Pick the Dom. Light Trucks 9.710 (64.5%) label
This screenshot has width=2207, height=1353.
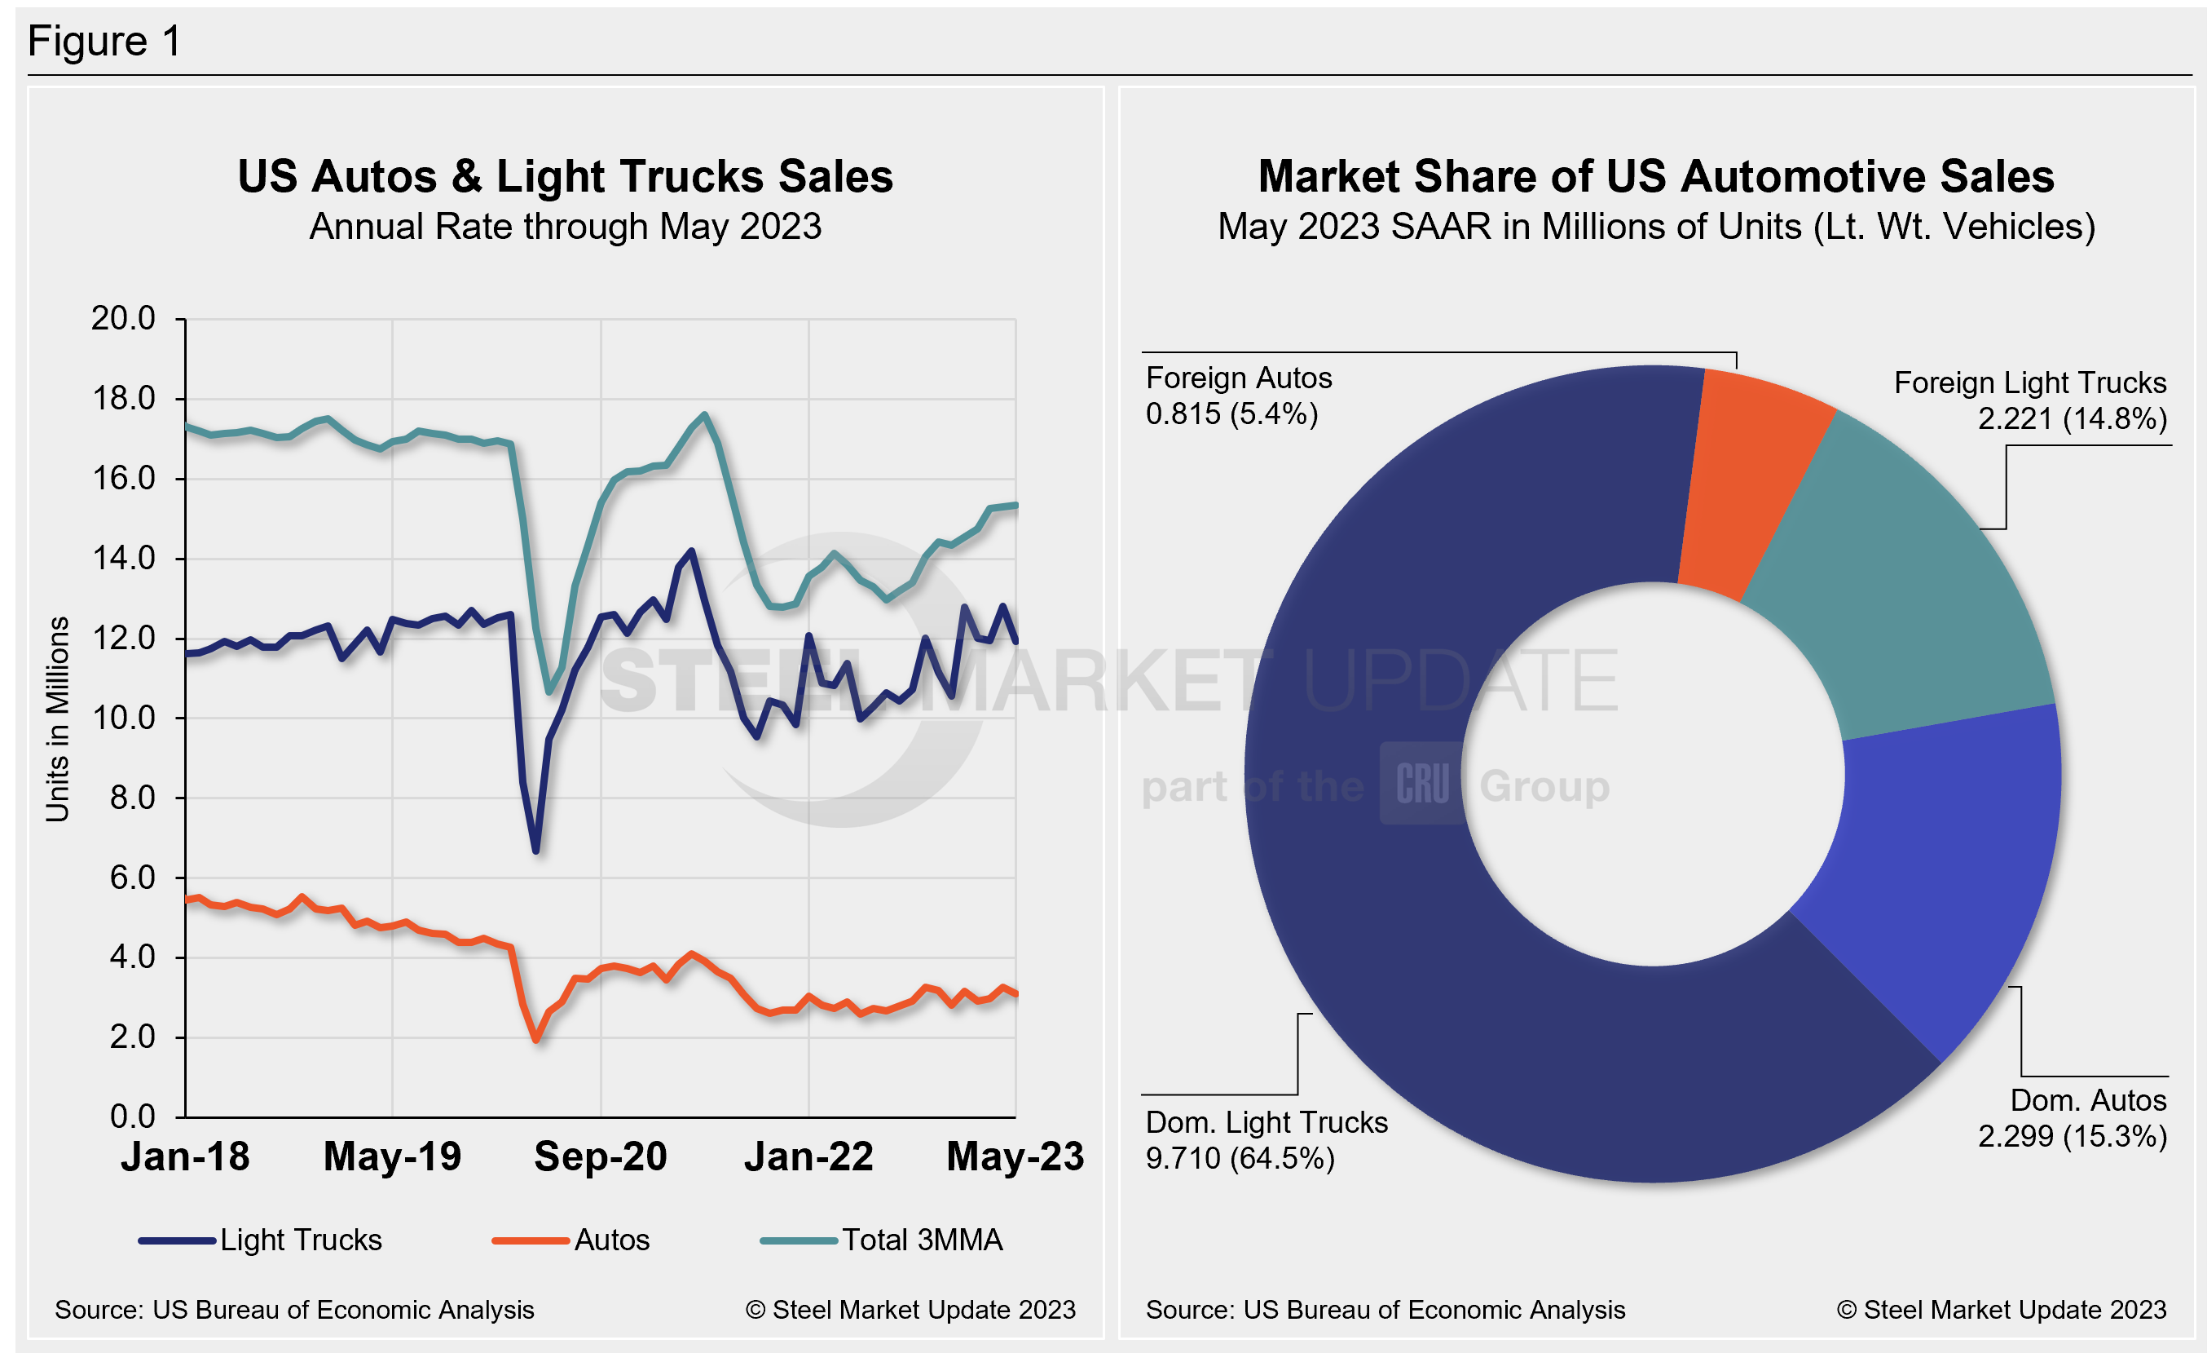tap(1266, 1140)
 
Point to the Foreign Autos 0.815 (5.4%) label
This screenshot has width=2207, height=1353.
tap(1239, 396)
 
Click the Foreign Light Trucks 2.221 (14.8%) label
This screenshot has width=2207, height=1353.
tap(2029, 400)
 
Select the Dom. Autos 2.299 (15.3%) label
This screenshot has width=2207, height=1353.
tap(2072, 1118)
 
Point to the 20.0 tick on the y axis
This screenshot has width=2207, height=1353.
tap(124, 318)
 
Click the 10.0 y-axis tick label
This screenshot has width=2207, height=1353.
tap(124, 718)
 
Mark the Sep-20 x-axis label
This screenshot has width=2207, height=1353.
tap(600, 1156)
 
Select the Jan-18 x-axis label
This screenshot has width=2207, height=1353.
tap(185, 1156)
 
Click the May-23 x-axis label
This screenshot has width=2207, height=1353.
tap(1015, 1156)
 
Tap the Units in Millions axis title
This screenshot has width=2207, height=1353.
tap(58, 719)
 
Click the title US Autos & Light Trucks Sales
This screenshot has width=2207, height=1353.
tap(565, 176)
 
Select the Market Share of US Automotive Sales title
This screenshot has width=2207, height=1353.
tap(1656, 176)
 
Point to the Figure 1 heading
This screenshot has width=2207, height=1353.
tap(105, 42)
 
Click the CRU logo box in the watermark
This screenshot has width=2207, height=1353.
tap(1421, 784)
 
